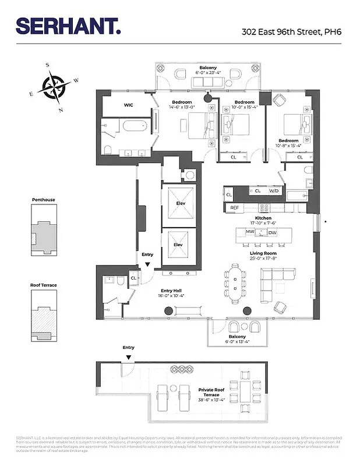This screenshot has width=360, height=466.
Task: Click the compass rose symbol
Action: tap(53, 87)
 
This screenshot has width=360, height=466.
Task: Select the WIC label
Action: tap(129, 105)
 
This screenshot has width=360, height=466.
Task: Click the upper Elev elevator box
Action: tap(178, 205)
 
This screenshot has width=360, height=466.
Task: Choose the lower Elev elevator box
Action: tap(178, 245)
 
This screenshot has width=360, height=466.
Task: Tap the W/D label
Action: tap(274, 191)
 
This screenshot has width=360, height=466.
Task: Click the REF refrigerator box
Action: tap(234, 207)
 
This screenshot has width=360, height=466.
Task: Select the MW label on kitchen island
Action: tap(250, 232)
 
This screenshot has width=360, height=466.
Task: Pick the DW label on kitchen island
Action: tap(273, 232)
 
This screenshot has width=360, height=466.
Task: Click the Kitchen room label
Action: tap(263, 218)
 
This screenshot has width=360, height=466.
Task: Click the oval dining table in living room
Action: tap(235, 284)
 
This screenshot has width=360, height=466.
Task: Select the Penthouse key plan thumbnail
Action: tap(44, 227)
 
